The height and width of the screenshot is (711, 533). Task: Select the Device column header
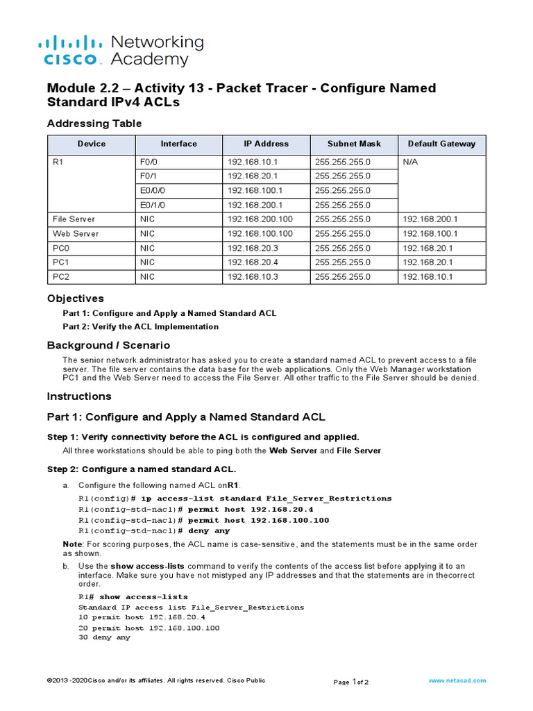(x=92, y=144)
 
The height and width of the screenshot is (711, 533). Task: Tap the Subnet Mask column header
(x=354, y=144)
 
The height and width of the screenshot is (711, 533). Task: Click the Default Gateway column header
(x=441, y=144)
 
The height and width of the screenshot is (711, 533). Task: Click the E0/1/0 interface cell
(x=152, y=205)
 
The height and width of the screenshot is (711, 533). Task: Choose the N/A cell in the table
(x=410, y=161)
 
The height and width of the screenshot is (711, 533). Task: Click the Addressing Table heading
(x=94, y=124)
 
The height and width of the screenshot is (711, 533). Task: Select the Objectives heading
(x=75, y=299)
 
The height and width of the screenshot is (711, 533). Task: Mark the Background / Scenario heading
(x=108, y=345)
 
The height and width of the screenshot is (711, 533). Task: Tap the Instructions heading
(x=79, y=396)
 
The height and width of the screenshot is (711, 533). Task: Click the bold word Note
(x=72, y=544)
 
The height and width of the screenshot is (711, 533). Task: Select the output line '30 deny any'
(x=104, y=637)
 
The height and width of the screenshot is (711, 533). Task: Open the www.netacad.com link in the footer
(x=457, y=681)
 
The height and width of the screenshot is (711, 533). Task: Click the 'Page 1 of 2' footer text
(x=351, y=682)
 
